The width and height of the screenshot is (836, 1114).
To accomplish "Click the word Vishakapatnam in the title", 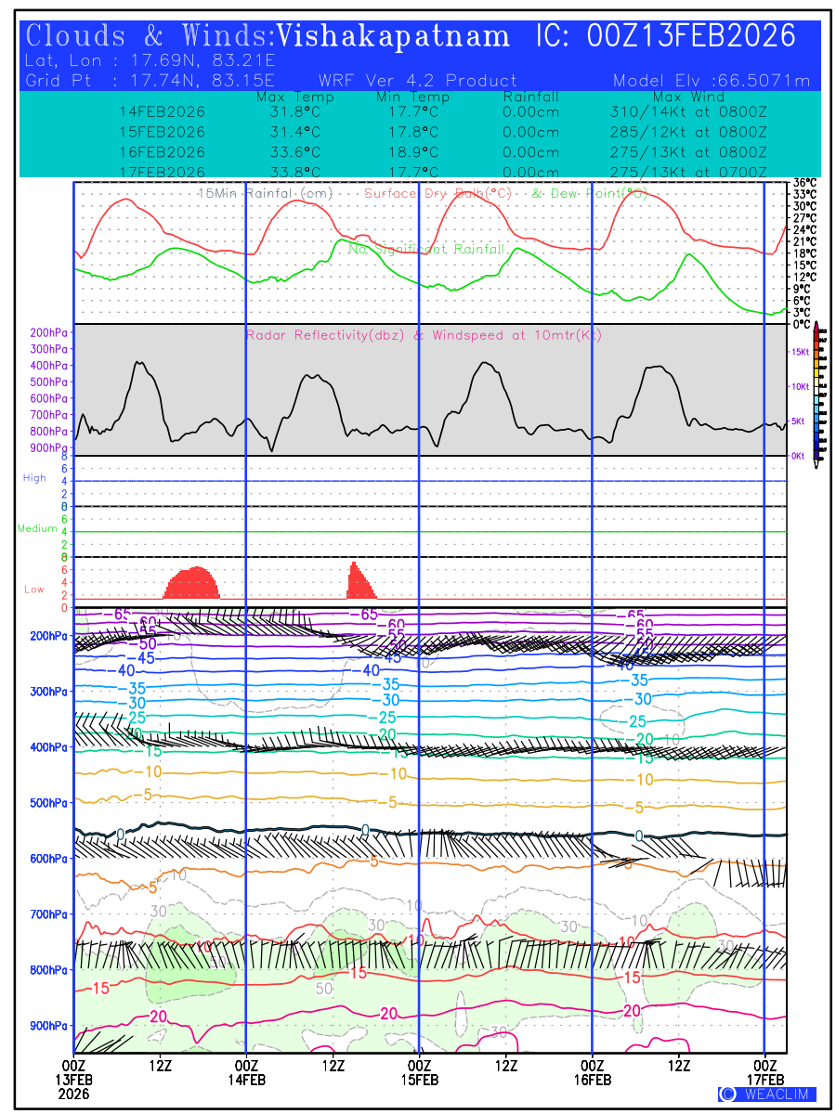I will (394, 36).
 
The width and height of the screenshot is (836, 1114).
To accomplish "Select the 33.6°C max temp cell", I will (289, 152).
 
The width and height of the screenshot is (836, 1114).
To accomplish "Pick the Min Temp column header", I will (412, 97).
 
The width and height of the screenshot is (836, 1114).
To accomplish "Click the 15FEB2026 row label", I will (163, 132).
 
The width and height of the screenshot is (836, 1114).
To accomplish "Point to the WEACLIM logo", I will (767, 1094).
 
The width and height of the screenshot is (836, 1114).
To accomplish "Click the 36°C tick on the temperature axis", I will (804, 183).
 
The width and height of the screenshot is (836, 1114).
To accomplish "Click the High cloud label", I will (34, 478).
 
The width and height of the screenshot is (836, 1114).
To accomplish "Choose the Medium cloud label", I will (37, 529).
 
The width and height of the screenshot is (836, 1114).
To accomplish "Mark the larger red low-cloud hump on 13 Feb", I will (192, 583).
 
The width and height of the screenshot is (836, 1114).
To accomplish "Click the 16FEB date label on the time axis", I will (593, 1081).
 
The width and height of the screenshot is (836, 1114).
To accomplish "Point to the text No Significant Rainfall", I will (426, 249).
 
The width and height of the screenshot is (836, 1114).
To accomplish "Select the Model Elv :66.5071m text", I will (712, 81).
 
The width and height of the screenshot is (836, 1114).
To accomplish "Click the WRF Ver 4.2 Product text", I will (417, 81).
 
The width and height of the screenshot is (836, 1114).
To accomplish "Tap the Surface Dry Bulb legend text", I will (438, 193).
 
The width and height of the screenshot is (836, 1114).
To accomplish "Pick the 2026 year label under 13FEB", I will (74, 1094).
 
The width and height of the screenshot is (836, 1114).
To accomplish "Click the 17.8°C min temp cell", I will (412, 132).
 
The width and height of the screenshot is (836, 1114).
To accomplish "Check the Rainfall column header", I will (530, 97).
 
